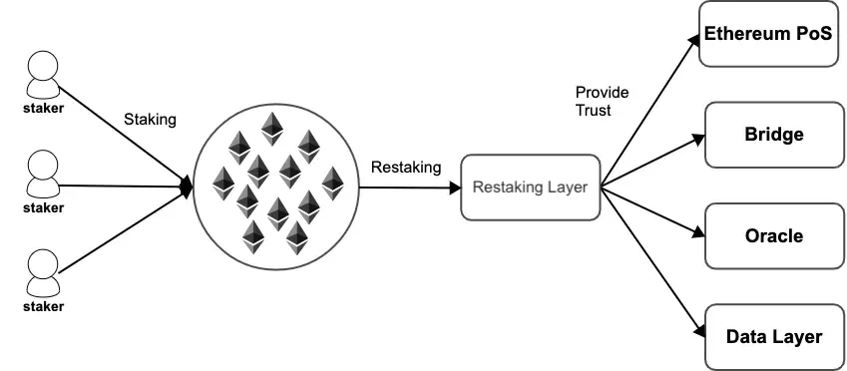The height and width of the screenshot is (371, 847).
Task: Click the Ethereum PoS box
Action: point(768,34)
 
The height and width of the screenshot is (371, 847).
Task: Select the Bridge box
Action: point(774,135)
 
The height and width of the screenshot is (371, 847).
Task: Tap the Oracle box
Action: point(774,236)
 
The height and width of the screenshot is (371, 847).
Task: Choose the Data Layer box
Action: point(774,336)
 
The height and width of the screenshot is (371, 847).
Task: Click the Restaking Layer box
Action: point(530,186)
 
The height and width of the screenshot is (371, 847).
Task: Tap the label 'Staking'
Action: point(150,120)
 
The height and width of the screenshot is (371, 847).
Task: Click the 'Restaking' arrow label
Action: point(405,167)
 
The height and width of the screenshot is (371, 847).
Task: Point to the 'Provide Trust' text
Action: point(602,101)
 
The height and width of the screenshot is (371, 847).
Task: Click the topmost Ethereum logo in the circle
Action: point(270,128)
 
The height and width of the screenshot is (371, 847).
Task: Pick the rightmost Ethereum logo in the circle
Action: point(331,182)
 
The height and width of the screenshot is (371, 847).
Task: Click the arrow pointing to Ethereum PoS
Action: point(648,109)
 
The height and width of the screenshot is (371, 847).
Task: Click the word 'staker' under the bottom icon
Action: point(43,306)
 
